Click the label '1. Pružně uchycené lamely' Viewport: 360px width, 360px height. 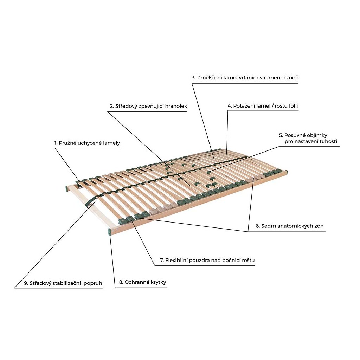pyautogui.click(x=87, y=143)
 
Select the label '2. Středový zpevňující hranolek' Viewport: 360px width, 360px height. pyautogui.click(x=148, y=106)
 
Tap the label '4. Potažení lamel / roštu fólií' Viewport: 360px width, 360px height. pyautogui.click(x=263, y=106)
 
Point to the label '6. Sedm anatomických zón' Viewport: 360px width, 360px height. pyautogui.click(x=290, y=226)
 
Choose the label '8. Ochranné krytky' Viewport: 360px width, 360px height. pyautogui.click(x=142, y=282)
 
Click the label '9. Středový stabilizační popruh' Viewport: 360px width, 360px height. pyautogui.click(x=63, y=283)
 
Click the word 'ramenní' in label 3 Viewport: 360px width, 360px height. pyautogui.click(x=274, y=78)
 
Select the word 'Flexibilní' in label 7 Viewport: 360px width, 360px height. pyautogui.click(x=176, y=261)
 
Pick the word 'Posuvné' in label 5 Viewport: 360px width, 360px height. pyautogui.click(x=295, y=135)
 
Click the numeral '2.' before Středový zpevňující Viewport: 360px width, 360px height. pyautogui.click(x=112, y=106)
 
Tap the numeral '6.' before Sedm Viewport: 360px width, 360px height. pyautogui.click(x=258, y=226)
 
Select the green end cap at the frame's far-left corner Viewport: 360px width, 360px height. pyautogui.click(x=66, y=189)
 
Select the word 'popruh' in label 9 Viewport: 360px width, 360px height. pyautogui.click(x=93, y=284)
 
